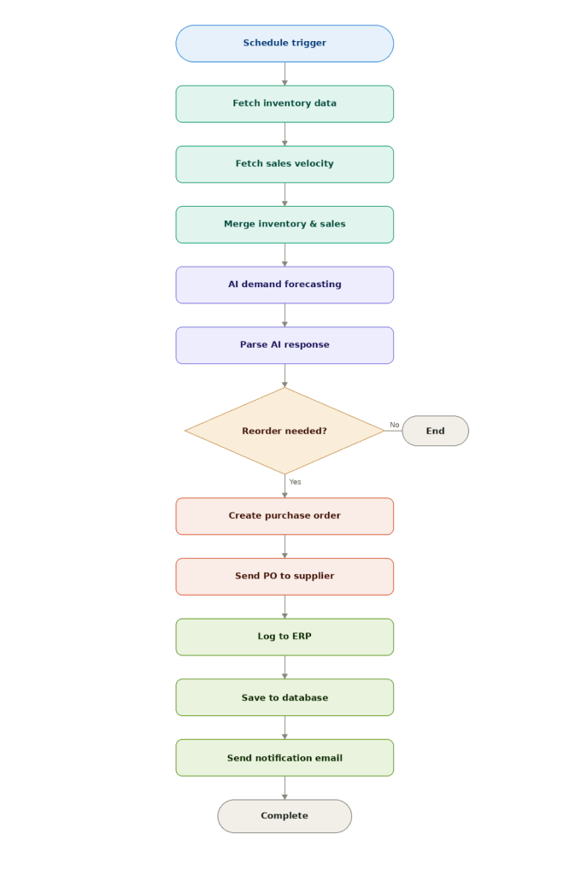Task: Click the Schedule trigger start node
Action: pyautogui.click(x=284, y=44)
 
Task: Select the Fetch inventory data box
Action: pyautogui.click(x=284, y=103)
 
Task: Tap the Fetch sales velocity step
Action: pyautogui.click(x=284, y=164)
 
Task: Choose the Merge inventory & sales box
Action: pyautogui.click(x=284, y=224)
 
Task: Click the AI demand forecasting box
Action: pyautogui.click(x=284, y=285)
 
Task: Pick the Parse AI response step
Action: pyautogui.click(x=284, y=345)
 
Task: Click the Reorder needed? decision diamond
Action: pyautogui.click(x=284, y=431)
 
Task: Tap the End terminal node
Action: pyautogui.click(x=435, y=431)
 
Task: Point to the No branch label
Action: pyautogui.click(x=394, y=425)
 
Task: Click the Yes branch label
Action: pyautogui.click(x=295, y=482)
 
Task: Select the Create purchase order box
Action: pyautogui.click(x=284, y=516)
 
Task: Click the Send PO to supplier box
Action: pyautogui.click(x=284, y=577)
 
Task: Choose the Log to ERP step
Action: pyautogui.click(x=284, y=637)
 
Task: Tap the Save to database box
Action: pyautogui.click(x=284, y=697)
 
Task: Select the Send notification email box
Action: pyautogui.click(x=284, y=758)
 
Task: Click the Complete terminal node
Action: pyautogui.click(x=284, y=816)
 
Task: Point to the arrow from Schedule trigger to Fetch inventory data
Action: pyautogui.click(x=284, y=73)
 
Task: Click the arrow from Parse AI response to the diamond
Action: pyautogui.click(x=284, y=376)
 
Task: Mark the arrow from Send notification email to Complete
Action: pyautogui.click(x=284, y=788)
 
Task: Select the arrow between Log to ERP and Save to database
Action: pyautogui.click(x=284, y=667)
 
